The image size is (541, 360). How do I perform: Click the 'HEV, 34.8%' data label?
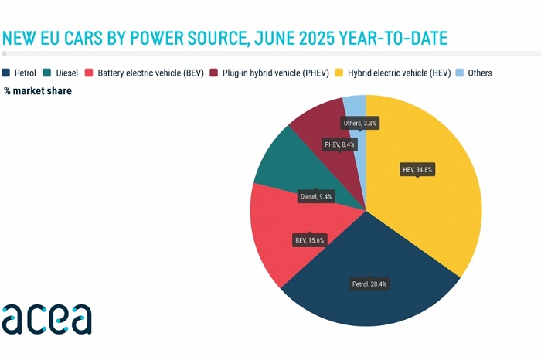point(418,169)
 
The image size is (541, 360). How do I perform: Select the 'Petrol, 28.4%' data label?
point(370,284)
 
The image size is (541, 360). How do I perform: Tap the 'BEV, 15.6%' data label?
point(309,239)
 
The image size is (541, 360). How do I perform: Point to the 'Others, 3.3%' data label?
point(362,123)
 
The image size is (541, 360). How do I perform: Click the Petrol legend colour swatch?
point(7,73)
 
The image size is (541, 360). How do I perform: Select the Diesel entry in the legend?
point(61,73)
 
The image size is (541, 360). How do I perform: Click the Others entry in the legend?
point(473,73)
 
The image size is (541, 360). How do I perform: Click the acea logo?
point(46,318)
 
